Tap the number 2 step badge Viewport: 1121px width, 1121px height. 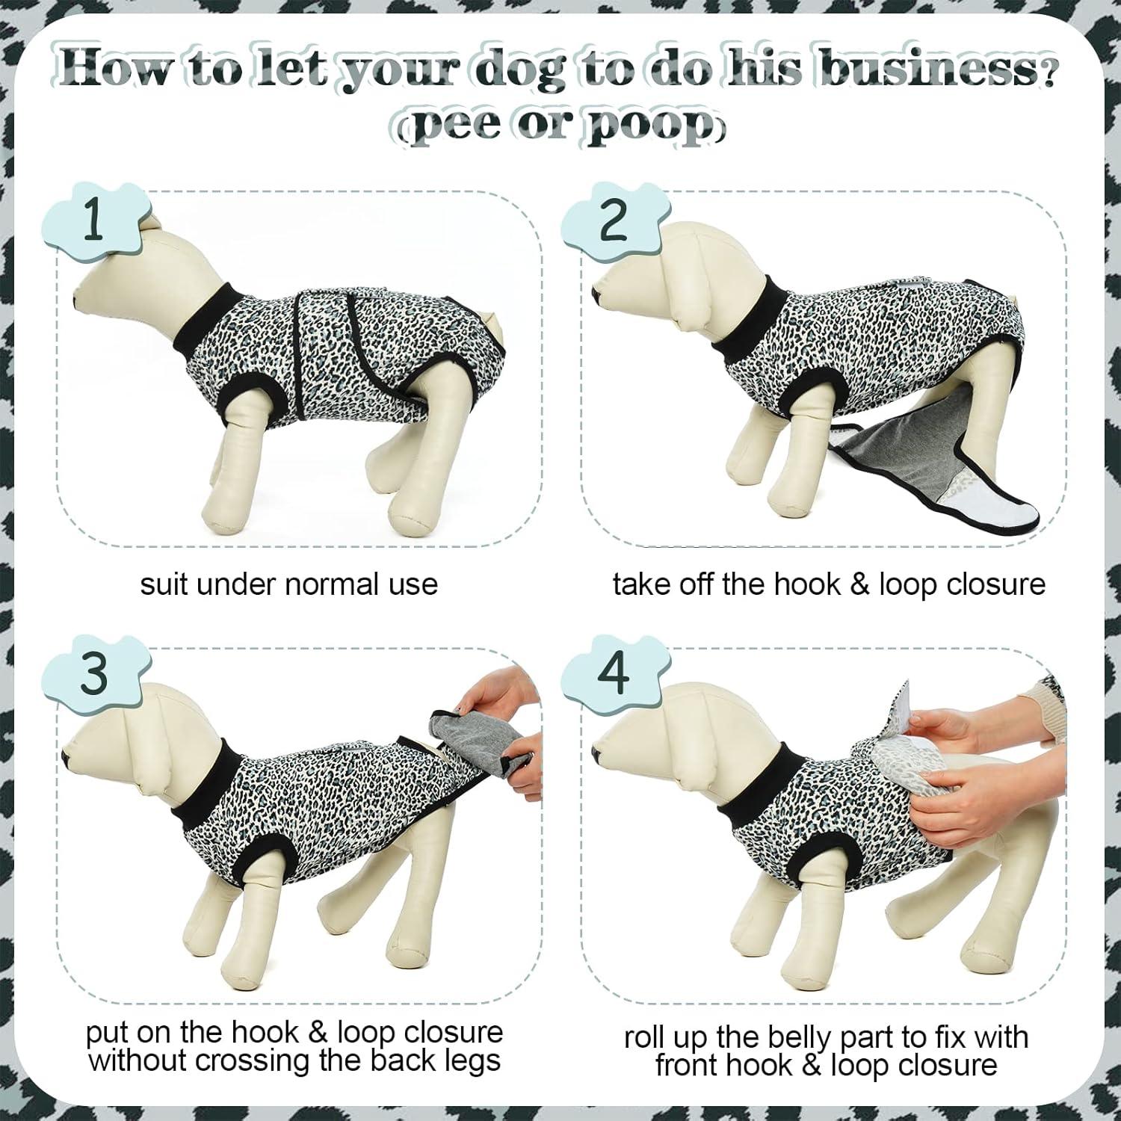[x=614, y=222]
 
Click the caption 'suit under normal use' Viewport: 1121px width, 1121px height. [x=288, y=584]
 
